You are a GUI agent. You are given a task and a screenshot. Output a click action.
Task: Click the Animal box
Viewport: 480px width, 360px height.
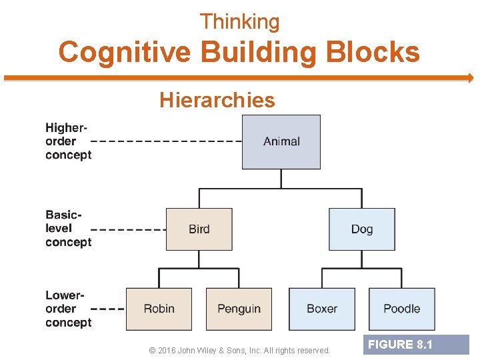[x=281, y=141]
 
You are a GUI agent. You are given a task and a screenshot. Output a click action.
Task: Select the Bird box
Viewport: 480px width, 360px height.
[x=199, y=229]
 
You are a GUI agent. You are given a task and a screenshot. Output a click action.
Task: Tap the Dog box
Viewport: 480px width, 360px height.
[x=361, y=229]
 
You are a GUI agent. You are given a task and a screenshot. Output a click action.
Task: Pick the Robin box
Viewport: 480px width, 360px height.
[x=159, y=309]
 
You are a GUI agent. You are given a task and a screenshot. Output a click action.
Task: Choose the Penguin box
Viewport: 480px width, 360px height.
[x=239, y=309]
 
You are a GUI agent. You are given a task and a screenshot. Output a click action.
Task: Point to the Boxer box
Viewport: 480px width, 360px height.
[x=321, y=309]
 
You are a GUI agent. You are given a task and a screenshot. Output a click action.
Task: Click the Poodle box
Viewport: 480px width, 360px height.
[x=401, y=309]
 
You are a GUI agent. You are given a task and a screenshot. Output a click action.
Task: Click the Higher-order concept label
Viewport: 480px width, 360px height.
[x=67, y=141]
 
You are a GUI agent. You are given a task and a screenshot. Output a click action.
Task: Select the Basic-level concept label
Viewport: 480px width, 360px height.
[x=67, y=229]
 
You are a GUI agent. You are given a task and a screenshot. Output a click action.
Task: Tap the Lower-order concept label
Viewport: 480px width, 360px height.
[x=67, y=309]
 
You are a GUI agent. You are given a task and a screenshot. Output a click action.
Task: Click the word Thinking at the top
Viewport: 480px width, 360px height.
[x=240, y=22]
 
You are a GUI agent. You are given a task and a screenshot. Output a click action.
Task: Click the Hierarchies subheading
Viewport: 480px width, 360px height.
[x=217, y=100]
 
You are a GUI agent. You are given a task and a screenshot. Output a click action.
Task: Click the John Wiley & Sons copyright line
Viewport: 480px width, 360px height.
[x=240, y=350]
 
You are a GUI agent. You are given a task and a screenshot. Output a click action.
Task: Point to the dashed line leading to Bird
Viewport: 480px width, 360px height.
[x=128, y=229]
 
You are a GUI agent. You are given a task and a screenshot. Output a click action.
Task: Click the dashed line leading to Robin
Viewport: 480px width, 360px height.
[x=107, y=309]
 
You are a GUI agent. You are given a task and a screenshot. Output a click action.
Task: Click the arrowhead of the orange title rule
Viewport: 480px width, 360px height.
[x=469, y=78]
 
